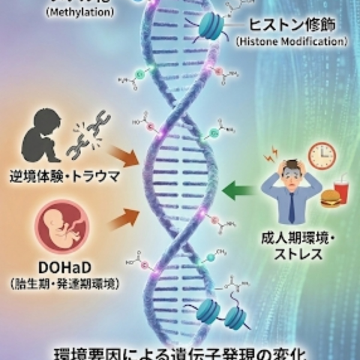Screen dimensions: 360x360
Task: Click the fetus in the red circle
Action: tap(64, 226)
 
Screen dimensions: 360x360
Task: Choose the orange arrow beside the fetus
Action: tap(124, 218)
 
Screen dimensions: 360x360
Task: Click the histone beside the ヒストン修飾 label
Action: tap(211, 25)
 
